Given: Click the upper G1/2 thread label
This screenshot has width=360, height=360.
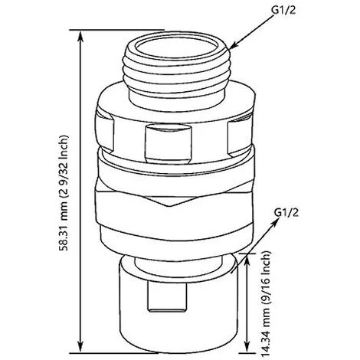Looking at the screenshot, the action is point(283,11).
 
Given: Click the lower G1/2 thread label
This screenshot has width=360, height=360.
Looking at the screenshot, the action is point(286,212).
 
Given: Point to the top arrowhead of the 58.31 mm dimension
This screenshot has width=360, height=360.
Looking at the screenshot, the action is point(80,36).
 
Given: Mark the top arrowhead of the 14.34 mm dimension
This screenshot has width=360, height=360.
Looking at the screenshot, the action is point(247,260).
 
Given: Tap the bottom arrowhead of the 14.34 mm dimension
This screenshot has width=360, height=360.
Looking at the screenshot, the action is point(247,347).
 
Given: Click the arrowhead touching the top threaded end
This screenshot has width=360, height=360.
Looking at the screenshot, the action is point(234,45).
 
